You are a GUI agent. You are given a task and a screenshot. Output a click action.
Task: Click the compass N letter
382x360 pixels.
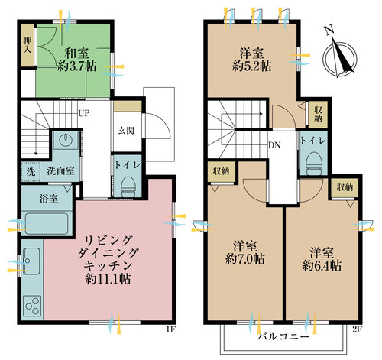coord(330,31)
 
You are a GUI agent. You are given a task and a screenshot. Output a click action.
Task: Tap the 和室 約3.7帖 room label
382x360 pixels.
coord(76,60)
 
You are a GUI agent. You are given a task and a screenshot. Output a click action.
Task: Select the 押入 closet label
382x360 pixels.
coord(28,45)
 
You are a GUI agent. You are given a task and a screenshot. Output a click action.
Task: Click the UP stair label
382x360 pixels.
coord(84,113)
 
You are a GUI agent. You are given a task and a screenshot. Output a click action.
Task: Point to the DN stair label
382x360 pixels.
coord(274,145)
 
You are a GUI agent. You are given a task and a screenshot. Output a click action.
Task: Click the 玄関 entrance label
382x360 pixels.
coord(126,131)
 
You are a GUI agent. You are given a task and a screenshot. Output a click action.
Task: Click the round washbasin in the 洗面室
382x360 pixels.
coord(66,139)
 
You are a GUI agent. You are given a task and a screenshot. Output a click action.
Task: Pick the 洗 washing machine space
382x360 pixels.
coord(31,172)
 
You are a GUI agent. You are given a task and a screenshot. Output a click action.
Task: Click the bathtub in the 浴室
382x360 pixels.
coord(47,224)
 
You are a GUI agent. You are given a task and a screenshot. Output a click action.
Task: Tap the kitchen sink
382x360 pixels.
coord(31,261)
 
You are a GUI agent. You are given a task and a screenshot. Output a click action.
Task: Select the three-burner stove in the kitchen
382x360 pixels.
coord(32,306)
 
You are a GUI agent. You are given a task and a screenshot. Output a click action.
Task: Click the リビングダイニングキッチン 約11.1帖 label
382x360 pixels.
coord(108,260)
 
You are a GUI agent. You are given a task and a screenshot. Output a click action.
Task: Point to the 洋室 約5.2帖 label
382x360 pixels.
coord(251,60)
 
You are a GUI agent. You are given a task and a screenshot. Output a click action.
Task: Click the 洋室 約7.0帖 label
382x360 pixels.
coord(245,252)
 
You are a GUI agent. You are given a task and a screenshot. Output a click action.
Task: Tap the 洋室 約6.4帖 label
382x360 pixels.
coord(322,259)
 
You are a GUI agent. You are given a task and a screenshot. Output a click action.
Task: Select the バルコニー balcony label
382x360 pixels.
coord(283,337)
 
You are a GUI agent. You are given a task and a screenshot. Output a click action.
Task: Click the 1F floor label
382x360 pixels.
coord(170,329)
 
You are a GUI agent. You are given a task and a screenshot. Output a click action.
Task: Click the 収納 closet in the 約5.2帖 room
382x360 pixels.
coord(318,115)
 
